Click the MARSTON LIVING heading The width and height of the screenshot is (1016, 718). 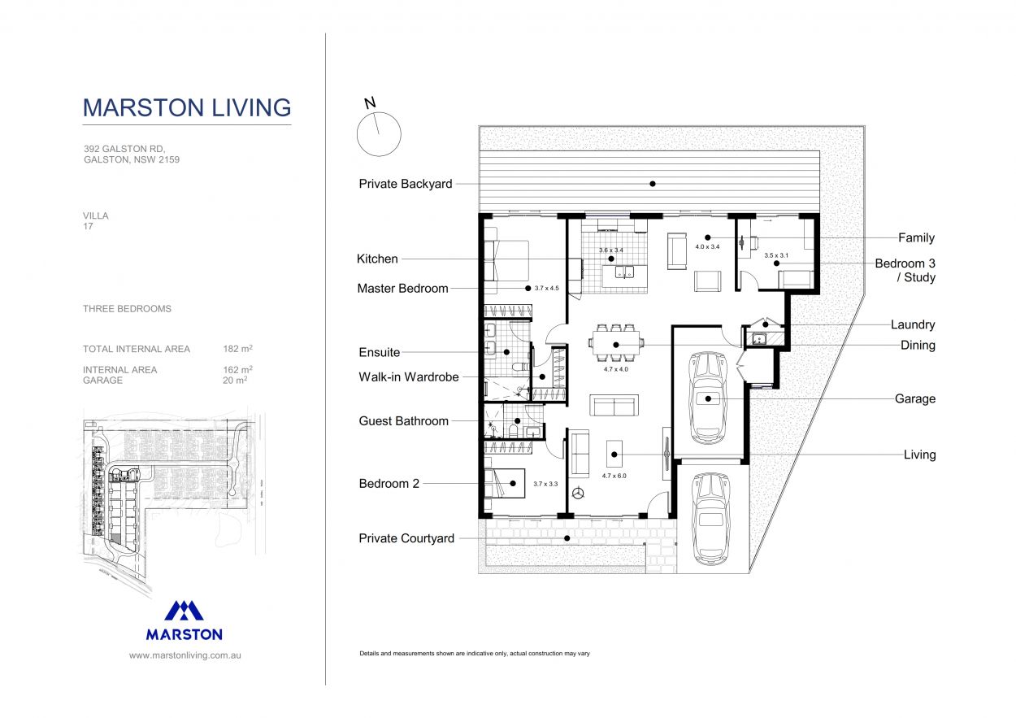[187, 107]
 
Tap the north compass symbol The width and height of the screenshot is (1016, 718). [379, 133]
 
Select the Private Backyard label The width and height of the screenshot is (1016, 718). [405, 184]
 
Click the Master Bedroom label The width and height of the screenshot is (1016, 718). [402, 289]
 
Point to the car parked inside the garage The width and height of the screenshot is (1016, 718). [707, 398]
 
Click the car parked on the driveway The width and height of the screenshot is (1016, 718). [711, 518]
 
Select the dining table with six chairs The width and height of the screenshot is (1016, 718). [616, 344]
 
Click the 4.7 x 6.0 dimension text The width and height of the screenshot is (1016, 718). [614, 475]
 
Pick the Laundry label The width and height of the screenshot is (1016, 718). [913, 324]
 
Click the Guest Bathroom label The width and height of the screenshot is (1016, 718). [403, 421]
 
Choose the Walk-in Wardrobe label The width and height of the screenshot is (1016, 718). [408, 377]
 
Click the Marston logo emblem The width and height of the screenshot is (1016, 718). [185, 611]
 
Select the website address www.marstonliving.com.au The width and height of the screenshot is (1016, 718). [185, 655]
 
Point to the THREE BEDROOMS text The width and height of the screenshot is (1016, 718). [127, 309]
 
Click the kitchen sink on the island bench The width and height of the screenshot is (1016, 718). [624, 273]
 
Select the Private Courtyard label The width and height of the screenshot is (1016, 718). [406, 538]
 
